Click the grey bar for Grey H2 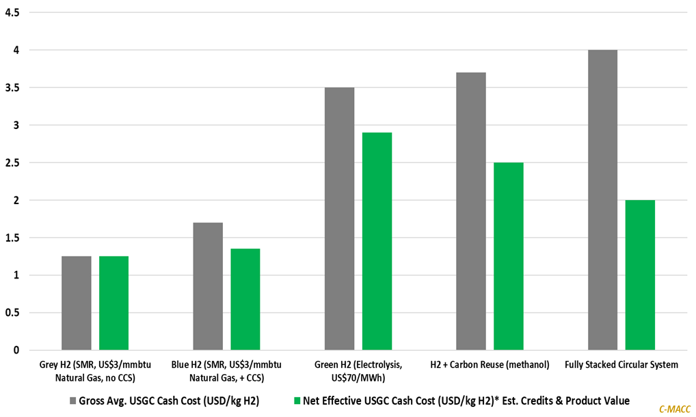click(x=76, y=303)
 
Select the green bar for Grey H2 click(x=113, y=303)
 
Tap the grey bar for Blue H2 click(x=208, y=286)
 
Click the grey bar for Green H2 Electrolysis click(x=339, y=218)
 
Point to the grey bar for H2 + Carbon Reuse click(x=471, y=211)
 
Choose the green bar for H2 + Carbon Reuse click(x=509, y=256)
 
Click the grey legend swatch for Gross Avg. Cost click(x=72, y=401)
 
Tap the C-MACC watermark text click(x=673, y=409)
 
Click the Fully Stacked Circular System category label click(x=621, y=364)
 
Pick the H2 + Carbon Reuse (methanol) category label click(x=490, y=364)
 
